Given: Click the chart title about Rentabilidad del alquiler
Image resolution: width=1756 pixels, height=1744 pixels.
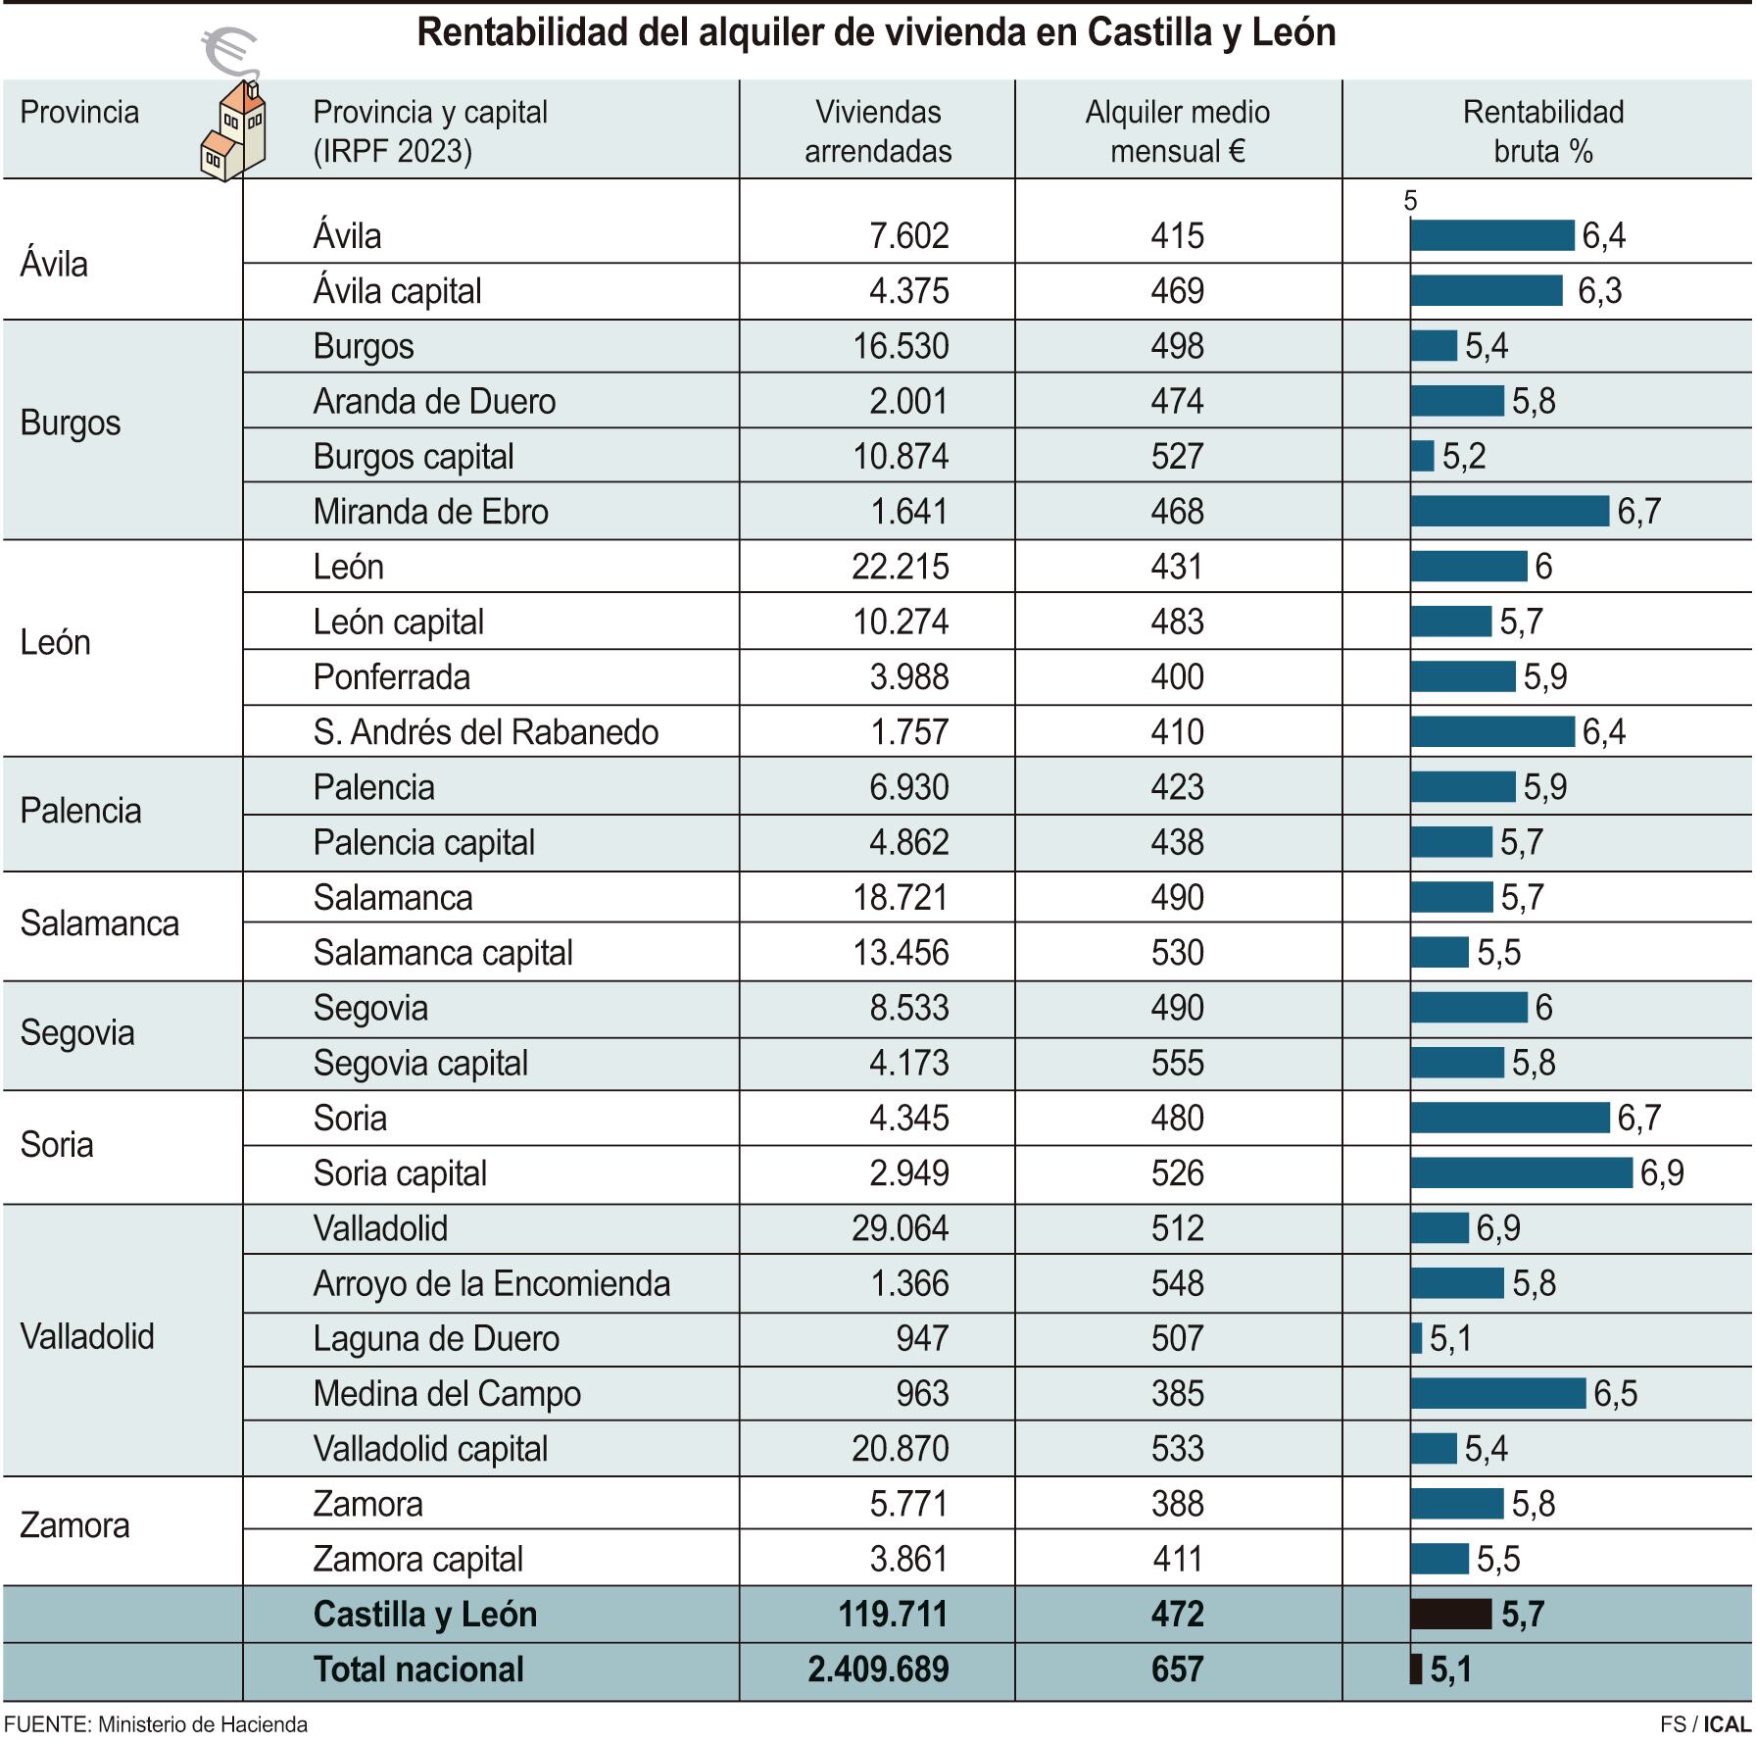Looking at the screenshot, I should [x=876, y=33].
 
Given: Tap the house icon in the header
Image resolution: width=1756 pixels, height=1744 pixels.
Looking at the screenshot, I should [x=233, y=131].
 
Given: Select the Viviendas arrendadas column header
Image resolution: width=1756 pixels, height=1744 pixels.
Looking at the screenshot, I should [x=877, y=131].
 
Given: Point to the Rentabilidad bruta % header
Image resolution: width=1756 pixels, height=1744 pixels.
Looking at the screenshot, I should [x=1542, y=131].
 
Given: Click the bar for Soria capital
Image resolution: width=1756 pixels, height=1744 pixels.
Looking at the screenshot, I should [x=1521, y=1172].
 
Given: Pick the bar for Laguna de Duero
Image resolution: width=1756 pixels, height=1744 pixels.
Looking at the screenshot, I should [x=1417, y=1338].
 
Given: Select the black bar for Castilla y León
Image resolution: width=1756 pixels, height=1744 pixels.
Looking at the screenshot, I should [x=1450, y=1614].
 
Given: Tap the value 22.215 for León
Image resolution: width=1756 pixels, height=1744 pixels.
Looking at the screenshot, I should [x=900, y=567].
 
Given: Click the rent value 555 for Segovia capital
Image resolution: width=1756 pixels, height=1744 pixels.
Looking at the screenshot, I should [x=1177, y=1063].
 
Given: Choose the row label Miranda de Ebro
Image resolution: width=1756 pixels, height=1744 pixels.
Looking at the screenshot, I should [x=430, y=512].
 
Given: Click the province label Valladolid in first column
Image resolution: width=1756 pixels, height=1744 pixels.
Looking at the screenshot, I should [x=87, y=1336].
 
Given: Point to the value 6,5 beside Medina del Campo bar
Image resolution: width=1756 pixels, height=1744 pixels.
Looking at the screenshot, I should [x=1615, y=1393].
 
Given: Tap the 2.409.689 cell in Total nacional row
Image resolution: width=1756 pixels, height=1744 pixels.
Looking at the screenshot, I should [x=878, y=1669].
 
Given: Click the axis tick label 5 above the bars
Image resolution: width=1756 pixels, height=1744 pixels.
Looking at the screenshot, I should [x=1410, y=201].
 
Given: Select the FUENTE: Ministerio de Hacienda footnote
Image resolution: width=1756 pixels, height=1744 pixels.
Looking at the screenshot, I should [x=156, y=1724].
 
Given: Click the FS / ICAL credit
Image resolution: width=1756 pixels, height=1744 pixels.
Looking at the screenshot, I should [x=1704, y=1724].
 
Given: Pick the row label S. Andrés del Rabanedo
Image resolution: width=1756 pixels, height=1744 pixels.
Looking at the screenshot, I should [x=485, y=732].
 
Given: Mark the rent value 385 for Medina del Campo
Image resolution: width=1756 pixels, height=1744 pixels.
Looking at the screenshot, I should [x=1177, y=1393].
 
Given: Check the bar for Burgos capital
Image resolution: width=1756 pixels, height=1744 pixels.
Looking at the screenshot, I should [x=1422, y=456].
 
